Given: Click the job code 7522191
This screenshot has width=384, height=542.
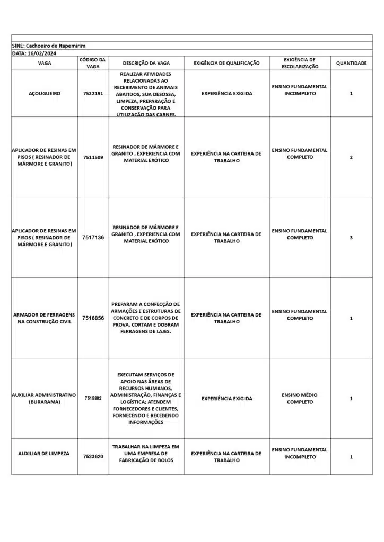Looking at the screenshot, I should pos(93,93).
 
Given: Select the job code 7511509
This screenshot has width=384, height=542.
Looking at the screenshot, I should pos(93,157).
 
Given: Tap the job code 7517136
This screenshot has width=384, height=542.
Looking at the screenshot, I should pos(93,238).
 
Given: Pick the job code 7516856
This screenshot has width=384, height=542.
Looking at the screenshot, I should pos(93,318).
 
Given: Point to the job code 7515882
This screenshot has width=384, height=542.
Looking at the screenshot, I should pos(93,398).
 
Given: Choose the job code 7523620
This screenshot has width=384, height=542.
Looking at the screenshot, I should pos(93,456).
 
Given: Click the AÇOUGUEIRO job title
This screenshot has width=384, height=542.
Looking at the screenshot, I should pos(45,93).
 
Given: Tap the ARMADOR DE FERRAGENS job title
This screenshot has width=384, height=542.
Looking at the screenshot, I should pos(45,318).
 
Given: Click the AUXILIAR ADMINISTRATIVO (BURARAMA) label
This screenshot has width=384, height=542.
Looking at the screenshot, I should pos(45,399).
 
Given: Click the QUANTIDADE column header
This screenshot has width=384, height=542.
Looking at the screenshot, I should pos(351,63).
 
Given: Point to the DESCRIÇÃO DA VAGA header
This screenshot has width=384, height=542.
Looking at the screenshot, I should pos(146,63).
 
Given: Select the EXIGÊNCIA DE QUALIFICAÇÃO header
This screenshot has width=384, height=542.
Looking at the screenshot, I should pos(226,63).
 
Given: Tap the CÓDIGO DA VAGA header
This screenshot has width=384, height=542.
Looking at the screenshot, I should pos(93,63).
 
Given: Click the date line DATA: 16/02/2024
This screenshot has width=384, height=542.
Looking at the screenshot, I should pos(34,53).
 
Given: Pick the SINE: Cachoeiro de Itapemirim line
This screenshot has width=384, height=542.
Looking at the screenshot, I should pos(48,46).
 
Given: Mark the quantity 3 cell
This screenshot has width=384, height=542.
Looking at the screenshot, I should pos(351,238).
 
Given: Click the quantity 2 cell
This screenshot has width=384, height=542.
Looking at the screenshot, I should pos(351,157).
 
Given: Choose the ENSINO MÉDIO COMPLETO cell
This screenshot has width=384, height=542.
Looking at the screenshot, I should pos(300,399).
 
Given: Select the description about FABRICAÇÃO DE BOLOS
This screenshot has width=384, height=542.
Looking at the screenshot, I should pos(146,453).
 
